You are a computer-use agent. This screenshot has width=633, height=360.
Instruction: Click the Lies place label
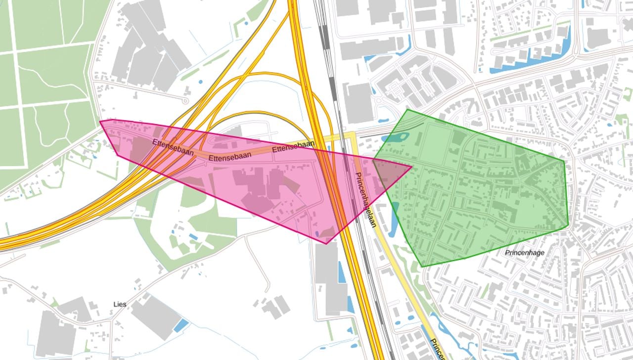[120, 304]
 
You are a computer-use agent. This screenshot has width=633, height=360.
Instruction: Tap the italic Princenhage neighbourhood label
[525, 253]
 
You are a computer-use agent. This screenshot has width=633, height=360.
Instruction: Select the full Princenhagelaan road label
[366, 199]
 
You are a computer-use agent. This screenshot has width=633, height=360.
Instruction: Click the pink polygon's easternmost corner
[411, 166]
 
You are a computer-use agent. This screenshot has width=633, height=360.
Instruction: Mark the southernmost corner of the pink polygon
[326, 243]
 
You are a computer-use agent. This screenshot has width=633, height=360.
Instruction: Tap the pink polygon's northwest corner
[100, 121]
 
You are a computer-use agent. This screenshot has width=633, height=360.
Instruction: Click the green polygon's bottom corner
[422, 267]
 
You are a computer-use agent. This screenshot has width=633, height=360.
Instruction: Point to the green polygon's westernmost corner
[373, 160]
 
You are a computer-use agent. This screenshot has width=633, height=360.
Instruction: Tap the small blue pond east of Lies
[181, 325]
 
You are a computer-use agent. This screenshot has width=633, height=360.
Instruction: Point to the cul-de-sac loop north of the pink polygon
[185, 100]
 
